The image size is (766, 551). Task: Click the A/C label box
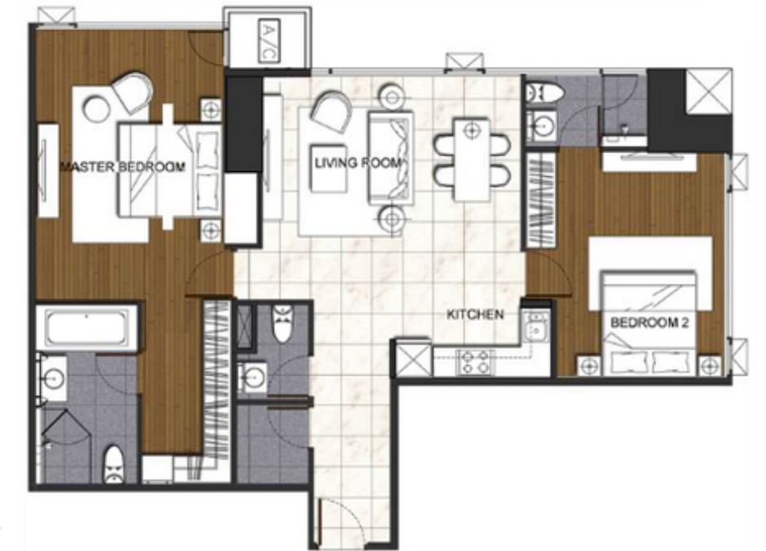(269, 41)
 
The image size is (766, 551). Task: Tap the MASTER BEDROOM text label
(122, 167)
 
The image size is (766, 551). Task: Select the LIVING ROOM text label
(359, 163)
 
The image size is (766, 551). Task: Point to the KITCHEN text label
(475, 314)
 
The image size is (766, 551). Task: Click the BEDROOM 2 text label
(649, 323)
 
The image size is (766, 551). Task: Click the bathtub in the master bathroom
(88, 328)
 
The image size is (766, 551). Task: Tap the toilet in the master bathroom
(114, 464)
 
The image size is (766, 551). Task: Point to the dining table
(472, 159)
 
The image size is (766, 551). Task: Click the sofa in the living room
(390, 157)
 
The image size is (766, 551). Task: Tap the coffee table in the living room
(328, 168)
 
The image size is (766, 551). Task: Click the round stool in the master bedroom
(96, 108)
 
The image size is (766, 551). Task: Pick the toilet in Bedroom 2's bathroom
(544, 92)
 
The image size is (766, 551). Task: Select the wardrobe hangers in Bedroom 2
(541, 200)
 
